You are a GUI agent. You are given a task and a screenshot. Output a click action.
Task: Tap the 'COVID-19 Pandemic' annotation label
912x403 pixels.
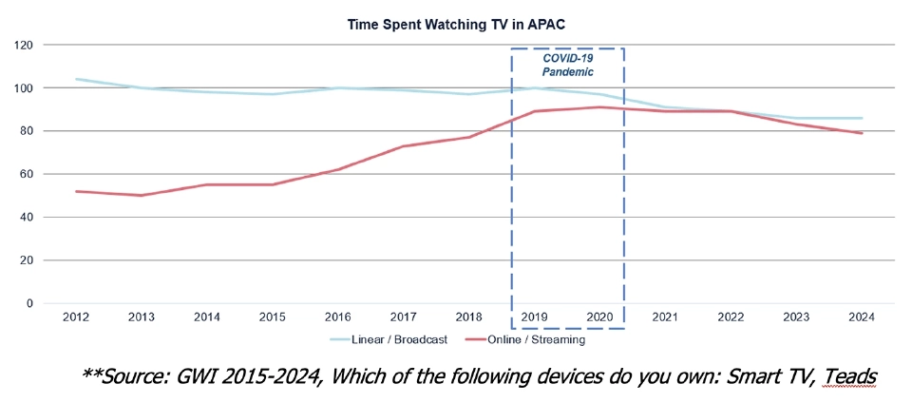[x=567, y=64]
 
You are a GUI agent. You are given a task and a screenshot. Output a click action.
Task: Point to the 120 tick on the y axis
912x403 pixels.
[x=24, y=45]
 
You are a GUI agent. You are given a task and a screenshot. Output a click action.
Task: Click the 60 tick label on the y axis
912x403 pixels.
[x=27, y=174]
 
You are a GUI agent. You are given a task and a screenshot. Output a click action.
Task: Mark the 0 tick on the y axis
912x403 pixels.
[x=29, y=303]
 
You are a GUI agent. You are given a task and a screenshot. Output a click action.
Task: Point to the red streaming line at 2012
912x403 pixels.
[x=76, y=191]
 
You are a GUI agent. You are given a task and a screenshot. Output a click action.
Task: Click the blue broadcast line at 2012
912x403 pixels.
[x=76, y=79]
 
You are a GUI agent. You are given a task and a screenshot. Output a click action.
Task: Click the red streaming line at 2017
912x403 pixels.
[x=403, y=146]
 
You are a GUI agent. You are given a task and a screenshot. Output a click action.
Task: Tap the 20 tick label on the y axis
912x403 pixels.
[x=27, y=260]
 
